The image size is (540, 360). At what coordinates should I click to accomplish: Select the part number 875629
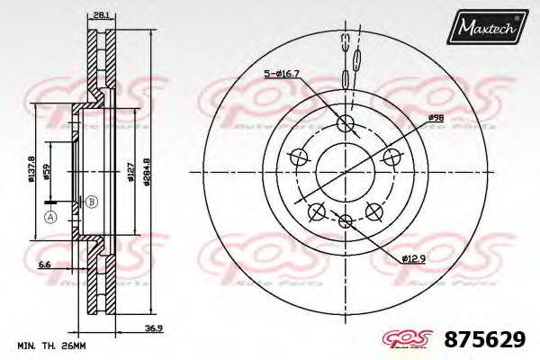(487, 339)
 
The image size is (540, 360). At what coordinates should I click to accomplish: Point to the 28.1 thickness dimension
(100, 13)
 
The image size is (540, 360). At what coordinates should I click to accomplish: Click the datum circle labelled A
(49, 217)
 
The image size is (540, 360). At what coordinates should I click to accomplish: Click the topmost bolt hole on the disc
(345, 123)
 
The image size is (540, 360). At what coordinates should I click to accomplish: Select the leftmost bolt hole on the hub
(297, 158)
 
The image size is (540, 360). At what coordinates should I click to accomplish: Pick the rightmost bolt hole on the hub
(391, 158)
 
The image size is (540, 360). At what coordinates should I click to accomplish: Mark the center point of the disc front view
(345, 173)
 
